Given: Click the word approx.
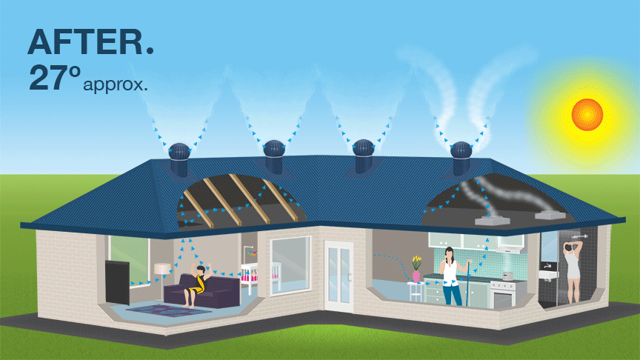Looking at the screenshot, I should click(116, 84).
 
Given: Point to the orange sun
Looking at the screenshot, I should click(587, 113).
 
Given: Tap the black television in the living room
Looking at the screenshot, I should click(119, 281).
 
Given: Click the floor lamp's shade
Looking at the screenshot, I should click(161, 268).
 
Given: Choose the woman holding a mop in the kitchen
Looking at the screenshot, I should click(450, 277).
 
